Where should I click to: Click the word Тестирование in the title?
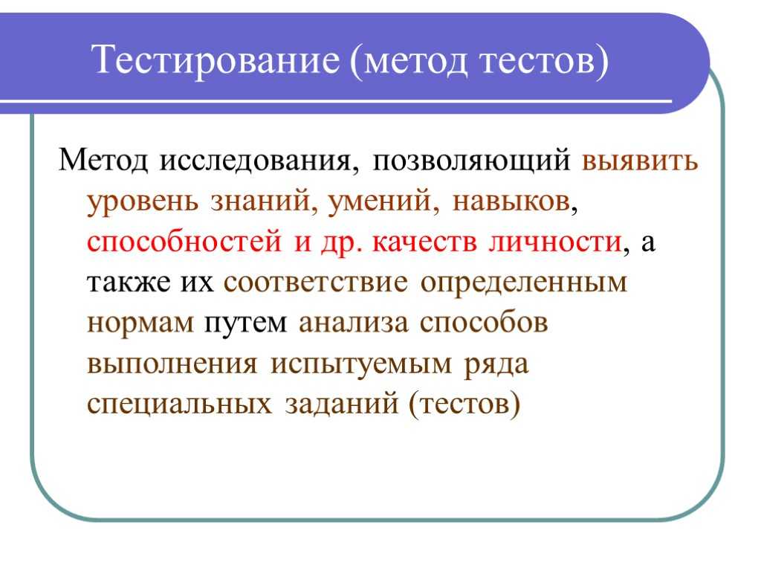(215, 61)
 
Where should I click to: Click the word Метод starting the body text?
(103, 159)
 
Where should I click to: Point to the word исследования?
(259, 161)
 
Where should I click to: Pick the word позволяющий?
(470, 161)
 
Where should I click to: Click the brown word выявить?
(640, 161)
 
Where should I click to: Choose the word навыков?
(511, 200)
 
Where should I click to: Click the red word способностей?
(184, 242)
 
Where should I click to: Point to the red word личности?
(555, 241)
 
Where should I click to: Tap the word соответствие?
(315, 282)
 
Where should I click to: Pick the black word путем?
(245, 323)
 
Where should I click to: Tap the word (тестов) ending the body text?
(464, 404)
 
